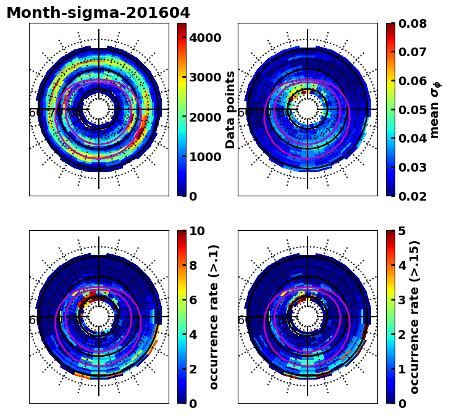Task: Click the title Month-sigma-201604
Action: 98,13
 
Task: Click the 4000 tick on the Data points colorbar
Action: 205,38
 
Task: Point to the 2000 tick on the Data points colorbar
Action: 205,117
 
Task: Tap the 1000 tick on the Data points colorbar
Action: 205,157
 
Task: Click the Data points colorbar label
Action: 231,109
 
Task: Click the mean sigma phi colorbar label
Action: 435,109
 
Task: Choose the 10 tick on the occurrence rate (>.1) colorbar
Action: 197,231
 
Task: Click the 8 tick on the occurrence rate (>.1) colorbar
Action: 193,265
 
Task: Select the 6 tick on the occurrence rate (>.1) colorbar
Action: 193,300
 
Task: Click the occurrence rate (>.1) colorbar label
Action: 214,317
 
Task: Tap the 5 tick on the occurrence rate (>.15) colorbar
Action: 402,231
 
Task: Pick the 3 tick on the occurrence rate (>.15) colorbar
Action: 402,300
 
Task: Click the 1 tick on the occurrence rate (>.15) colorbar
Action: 402,369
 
